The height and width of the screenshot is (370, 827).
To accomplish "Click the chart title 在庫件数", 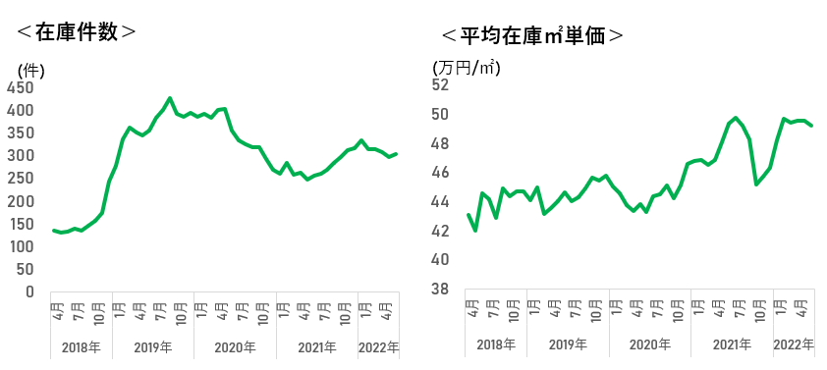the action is (x=76, y=32).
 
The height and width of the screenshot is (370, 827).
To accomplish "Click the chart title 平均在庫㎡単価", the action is (x=532, y=36).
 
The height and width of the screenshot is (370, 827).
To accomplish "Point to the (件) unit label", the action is (x=30, y=71).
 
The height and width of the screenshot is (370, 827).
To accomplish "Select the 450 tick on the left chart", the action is (x=20, y=87).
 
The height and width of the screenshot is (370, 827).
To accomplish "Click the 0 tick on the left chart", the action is (x=29, y=291).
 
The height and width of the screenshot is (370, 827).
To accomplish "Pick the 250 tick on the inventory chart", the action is (x=20, y=179).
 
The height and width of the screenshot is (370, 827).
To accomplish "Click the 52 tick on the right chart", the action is (x=441, y=84).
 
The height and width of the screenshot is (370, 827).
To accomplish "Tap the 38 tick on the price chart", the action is (x=441, y=289).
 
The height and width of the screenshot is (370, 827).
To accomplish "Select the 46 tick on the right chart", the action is (x=441, y=173).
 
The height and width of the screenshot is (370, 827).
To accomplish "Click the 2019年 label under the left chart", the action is (x=153, y=347).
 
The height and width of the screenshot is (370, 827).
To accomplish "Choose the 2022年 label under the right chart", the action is (x=794, y=345).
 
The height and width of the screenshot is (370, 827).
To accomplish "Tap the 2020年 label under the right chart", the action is (x=650, y=345).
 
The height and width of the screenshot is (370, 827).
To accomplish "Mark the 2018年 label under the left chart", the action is (x=81, y=347).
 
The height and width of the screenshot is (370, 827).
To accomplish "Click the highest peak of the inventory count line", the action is (x=169, y=98).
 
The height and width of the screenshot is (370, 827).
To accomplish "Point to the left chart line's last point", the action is (x=396, y=154).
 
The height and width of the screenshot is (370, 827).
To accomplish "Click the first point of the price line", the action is (x=469, y=215).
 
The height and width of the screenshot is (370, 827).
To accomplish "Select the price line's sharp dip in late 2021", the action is (x=756, y=184).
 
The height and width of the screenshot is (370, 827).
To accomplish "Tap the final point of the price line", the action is (x=811, y=126).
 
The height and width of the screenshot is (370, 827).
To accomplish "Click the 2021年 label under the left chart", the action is (x=317, y=347).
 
